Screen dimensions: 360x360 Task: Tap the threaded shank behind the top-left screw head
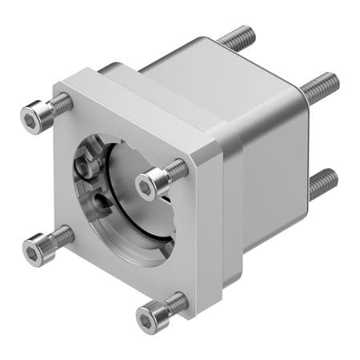[x=61, y=103]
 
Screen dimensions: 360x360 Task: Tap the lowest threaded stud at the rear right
[x=322, y=183]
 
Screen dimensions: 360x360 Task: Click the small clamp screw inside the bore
[x=84, y=164]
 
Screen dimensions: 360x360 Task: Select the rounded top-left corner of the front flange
[x=59, y=86]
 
